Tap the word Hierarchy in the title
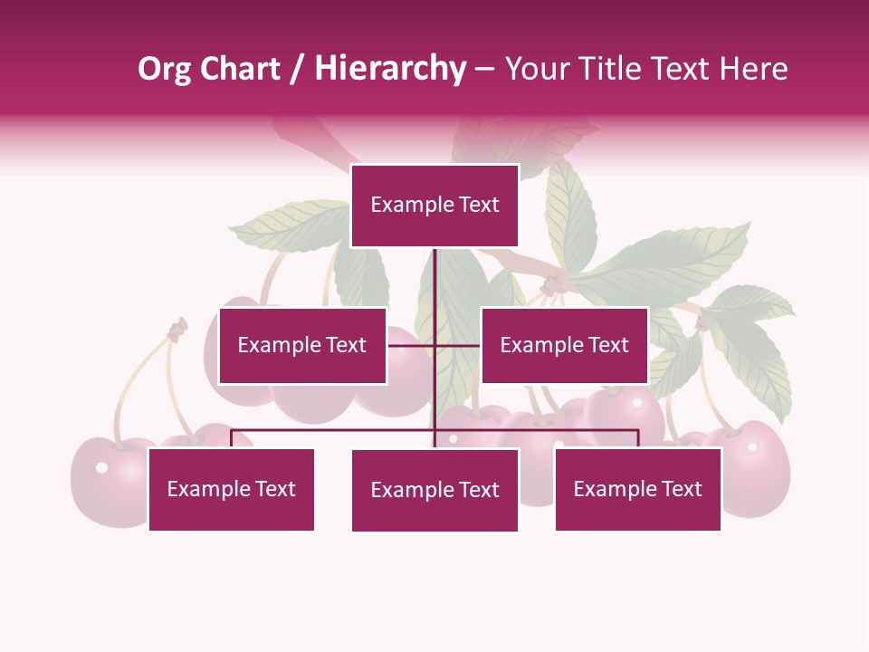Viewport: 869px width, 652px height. coord(390,69)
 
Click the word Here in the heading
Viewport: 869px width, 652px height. coord(753,69)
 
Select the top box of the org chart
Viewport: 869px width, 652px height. coord(434,206)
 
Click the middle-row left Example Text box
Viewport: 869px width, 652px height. coord(302,345)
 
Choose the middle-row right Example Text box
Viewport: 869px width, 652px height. coord(564,345)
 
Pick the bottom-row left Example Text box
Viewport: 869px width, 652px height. coord(231,489)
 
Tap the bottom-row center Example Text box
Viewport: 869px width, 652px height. coord(434,490)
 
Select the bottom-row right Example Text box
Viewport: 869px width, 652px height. coord(637,489)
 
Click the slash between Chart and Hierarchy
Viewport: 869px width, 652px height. coord(297,69)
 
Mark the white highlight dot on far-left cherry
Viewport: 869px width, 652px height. coord(101,467)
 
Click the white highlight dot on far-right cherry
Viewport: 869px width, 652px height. coord(750,446)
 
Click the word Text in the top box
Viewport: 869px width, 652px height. coord(479,205)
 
